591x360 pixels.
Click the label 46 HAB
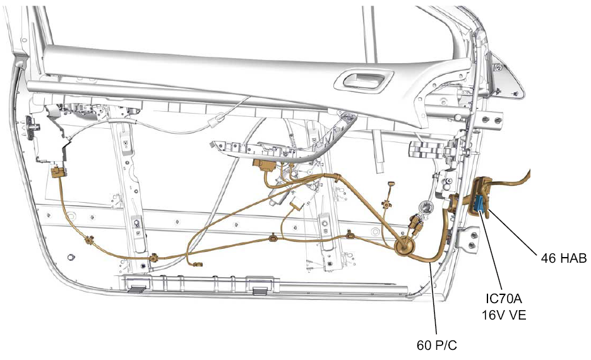[x=563, y=258]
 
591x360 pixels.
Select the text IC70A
[x=504, y=299]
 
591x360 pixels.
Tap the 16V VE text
[x=504, y=315]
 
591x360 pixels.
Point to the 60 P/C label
[x=436, y=345]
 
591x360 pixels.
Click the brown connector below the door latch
[x=58, y=172]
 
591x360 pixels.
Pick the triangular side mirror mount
[x=506, y=78]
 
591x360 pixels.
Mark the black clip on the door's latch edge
[x=32, y=124]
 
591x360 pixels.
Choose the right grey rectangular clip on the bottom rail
[x=260, y=291]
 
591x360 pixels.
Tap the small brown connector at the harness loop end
[x=197, y=264]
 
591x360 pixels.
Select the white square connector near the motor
[x=297, y=204]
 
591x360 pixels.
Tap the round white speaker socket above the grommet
[x=427, y=207]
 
